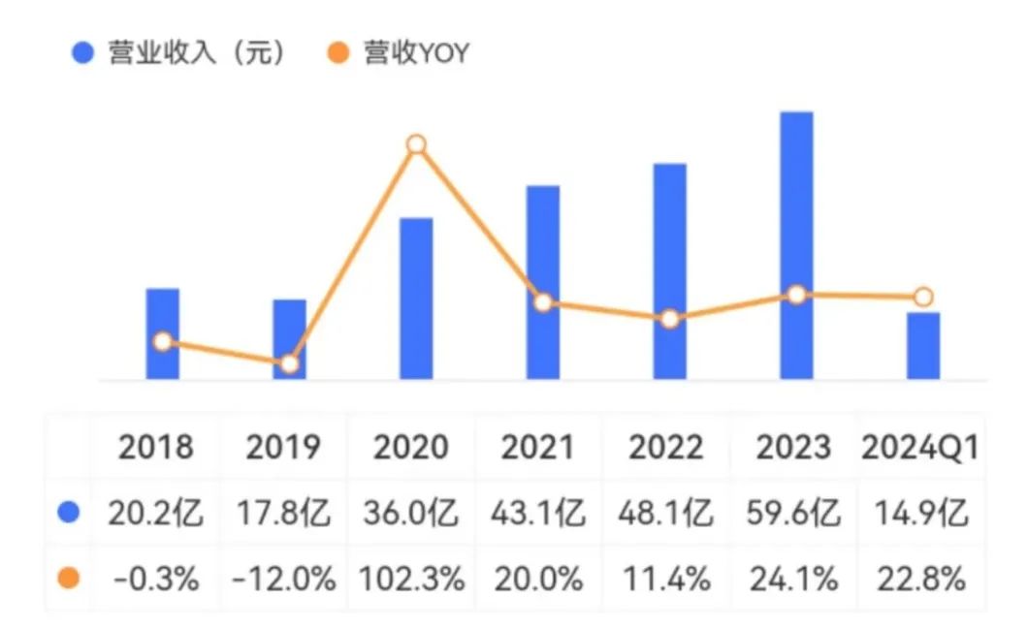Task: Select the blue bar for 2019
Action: click(x=289, y=338)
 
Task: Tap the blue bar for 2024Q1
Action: click(x=923, y=345)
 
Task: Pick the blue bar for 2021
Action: click(x=543, y=281)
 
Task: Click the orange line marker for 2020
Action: click(x=416, y=144)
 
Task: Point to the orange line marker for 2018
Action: click(x=163, y=341)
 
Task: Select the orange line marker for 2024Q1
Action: click(x=923, y=297)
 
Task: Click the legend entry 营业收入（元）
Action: click(x=180, y=52)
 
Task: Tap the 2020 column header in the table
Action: click(x=411, y=447)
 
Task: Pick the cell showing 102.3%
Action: click(x=411, y=580)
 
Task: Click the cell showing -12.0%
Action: click(x=284, y=580)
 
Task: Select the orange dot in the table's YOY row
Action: click(x=68, y=580)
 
